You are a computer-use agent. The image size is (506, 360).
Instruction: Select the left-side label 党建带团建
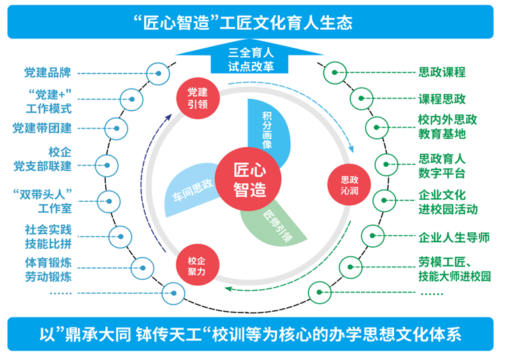[x=42, y=128]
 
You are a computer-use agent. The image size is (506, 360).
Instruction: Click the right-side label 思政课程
[x=442, y=72]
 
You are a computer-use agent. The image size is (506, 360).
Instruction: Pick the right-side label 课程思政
[x=442, y=99]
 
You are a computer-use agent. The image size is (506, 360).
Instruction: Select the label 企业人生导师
[x=453, y=237]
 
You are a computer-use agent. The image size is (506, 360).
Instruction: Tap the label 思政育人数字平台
[x=442, y=166]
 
